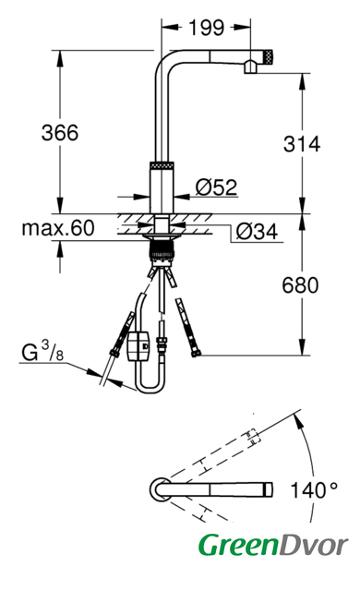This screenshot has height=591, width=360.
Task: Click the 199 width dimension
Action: [x=206, y=28]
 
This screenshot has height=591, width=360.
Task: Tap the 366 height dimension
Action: [x=60, y=133]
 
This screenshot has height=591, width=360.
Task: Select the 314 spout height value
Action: [x=302, y=144]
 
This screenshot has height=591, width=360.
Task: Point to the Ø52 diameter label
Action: [x=216, y=187]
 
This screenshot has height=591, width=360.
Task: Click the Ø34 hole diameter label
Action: [x=257, y=232]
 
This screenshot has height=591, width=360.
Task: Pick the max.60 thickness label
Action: [x=58, y=228]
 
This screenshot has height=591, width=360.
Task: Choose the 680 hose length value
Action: [x=300, y=285]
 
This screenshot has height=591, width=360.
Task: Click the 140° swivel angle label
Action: [x=314, y=490]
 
